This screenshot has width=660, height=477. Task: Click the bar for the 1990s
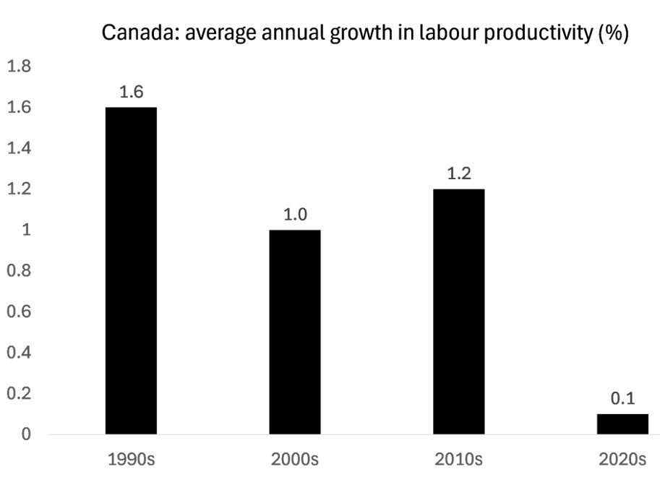[131, 271]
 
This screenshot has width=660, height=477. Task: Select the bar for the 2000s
[295, 332]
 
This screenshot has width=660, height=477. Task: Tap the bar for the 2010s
[459, 311]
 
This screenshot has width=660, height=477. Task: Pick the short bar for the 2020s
[622, 424]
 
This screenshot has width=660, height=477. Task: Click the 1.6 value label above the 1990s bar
[131, 93]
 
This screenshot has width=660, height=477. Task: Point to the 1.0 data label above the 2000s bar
[295, 215]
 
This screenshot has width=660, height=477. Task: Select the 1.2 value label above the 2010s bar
[459, 174]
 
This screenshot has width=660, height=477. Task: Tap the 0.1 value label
[622, 399]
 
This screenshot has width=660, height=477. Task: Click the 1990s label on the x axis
[131, 460]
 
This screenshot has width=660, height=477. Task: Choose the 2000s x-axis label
[295, 460]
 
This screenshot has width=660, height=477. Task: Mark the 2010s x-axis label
[459, 460]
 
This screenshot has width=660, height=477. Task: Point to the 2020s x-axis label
[622, 460]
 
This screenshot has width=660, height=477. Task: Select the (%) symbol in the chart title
[613, 33]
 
